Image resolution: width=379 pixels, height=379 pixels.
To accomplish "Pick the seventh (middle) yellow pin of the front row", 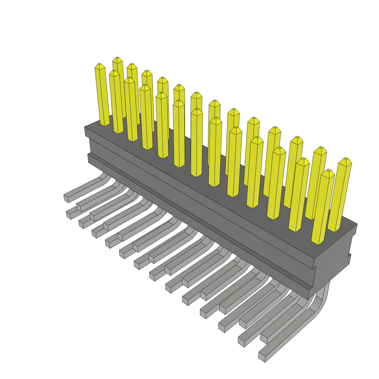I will tap(197, 144).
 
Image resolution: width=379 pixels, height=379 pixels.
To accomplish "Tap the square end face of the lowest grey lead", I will tap(262, 357).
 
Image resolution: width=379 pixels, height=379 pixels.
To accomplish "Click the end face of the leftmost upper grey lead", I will tap(66, 198).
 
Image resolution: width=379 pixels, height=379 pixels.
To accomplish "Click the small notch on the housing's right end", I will tap(349, 255).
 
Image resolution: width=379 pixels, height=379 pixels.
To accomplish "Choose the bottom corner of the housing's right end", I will tap(309, 298).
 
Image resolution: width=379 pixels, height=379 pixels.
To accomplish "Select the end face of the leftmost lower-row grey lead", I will tap(68, 215).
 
